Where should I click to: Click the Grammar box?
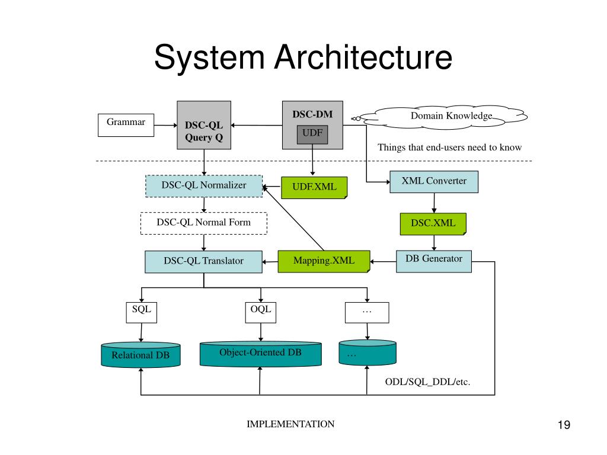click(126, 125)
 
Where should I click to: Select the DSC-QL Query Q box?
click(203, 125)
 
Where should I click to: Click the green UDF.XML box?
click(314, 187)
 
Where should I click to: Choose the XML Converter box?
click(434, 181)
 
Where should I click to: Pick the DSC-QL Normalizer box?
click(204, 185)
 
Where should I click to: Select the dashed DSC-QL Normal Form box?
click(204, 223)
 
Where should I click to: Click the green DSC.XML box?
click(433, 223)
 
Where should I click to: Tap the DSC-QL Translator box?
click(203, 261)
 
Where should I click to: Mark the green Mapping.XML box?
click(324, 261)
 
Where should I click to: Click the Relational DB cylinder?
click(141, 355)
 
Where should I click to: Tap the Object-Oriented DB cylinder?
click(260, 353)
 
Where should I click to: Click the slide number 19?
click(563, 425)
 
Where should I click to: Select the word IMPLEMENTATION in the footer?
click(290, 424)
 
